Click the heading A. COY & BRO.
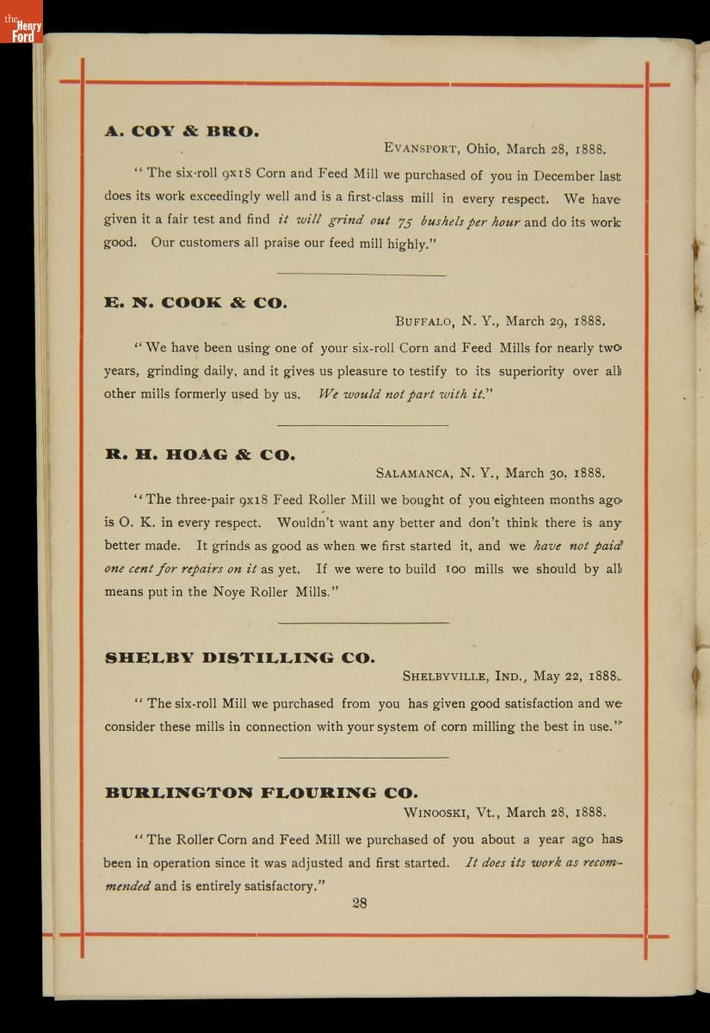(182, 132)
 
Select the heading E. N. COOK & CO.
(196, 302)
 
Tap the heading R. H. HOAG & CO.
(200, 455)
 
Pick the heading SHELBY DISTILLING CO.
(239, 659)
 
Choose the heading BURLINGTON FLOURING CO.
(261, 792)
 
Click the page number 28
(360, 903)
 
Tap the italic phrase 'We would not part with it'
(402, 395)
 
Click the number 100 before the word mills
(456, 569)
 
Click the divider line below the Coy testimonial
(363, 275)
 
